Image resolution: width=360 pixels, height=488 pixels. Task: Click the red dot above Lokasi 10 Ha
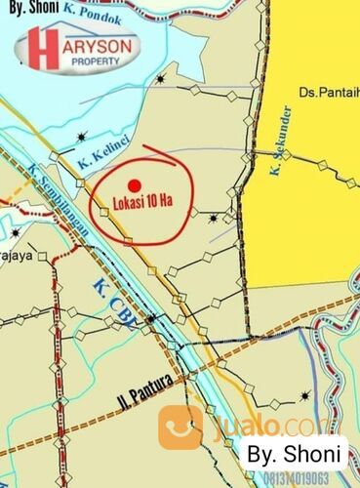tap(135, 185)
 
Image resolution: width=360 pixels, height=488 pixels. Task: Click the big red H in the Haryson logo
tap(43, 50)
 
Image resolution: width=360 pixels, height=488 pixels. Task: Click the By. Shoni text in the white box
tap(294, 453)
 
